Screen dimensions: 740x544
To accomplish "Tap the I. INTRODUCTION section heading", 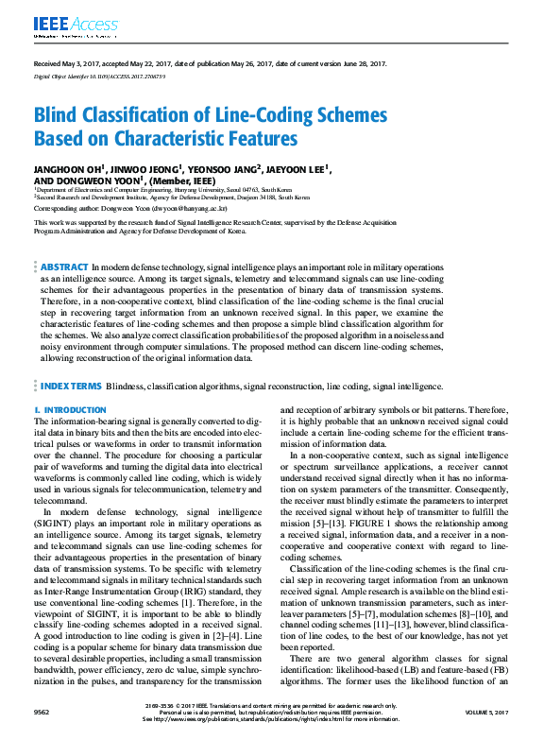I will click(70, 409).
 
